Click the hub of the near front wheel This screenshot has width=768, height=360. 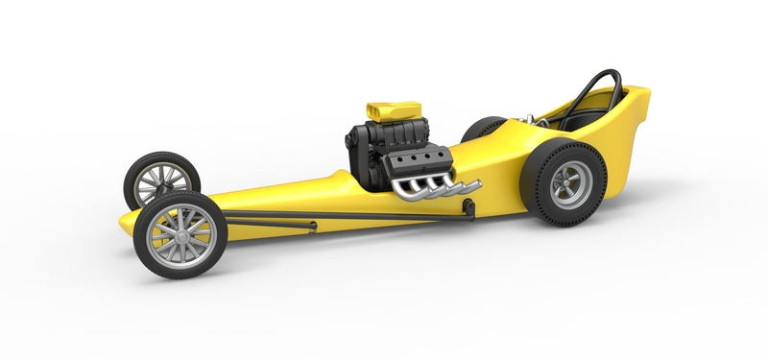click(180, 233)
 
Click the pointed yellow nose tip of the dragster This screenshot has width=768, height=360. click(124, 225)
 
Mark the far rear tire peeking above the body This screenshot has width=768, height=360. click(483, 128)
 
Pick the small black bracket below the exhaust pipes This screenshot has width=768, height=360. click(468, 204)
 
